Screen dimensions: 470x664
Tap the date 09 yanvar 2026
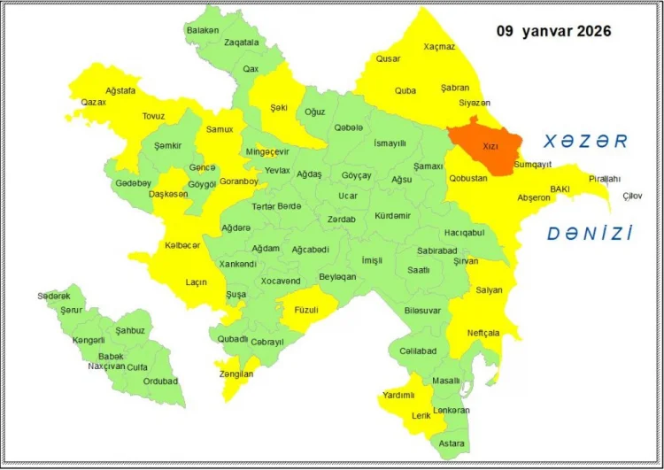553,31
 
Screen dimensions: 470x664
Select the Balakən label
203,30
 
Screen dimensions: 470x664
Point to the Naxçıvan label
106,366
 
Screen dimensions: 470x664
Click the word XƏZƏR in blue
585,142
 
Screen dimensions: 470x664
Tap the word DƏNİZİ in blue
590,234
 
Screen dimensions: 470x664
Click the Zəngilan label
235,374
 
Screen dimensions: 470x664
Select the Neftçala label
483,333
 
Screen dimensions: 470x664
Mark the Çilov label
632,196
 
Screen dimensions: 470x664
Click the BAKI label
560,189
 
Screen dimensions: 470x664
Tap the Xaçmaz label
439,46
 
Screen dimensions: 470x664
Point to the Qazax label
93,103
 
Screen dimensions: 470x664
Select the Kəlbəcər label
182,245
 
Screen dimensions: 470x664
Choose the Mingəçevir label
267,151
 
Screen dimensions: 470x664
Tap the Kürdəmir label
392,216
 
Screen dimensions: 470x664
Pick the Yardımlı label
399,395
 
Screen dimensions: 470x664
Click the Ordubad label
161,381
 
